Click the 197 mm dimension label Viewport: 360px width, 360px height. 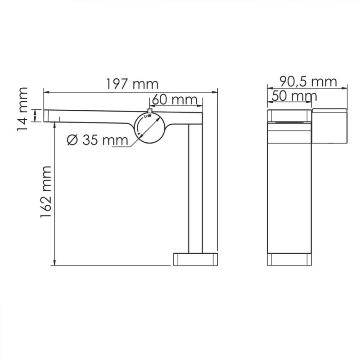tap(132, 84)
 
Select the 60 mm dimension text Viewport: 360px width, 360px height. tap(174, 99)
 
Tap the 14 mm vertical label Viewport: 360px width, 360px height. tap(22, 109)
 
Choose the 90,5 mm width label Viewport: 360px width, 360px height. tap(308, 81)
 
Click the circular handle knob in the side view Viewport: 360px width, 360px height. tap(150, 128)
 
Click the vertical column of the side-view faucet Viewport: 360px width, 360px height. tap(195, 189)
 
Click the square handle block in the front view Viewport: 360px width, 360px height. tap(330, 125)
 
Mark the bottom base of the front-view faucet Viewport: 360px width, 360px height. tap(290, 260)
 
